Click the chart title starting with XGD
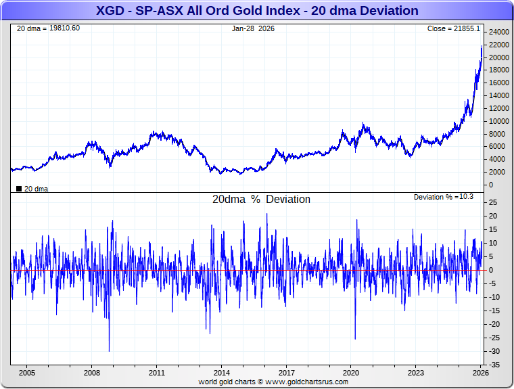pos(257,11)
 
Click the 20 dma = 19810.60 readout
pos(48,28)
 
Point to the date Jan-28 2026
pos(253,28)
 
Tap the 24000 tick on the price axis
pos(499,32)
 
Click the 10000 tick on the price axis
pos(499,121)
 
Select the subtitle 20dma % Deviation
pos(261,200)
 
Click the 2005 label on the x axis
pos(27,373)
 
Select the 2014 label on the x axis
pos(221,373)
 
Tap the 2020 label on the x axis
pos(351,373)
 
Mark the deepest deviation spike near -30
pos(109,350)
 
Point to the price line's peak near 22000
pos(482,45)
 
